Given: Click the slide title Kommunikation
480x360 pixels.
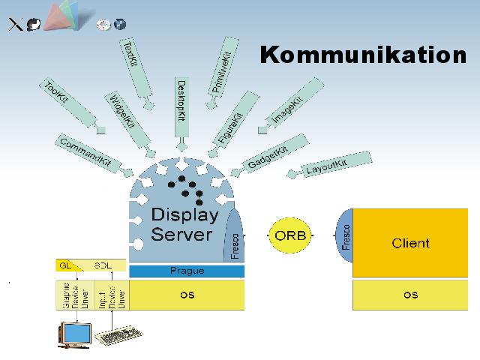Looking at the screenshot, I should [x=363, y=55].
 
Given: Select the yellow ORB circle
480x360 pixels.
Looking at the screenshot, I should [x=290, y=234].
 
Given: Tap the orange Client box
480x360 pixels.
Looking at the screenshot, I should [x=411, y=242].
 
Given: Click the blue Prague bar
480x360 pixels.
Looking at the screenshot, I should [x=187, y=271].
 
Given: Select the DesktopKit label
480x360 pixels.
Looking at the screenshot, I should [x=181, y=101].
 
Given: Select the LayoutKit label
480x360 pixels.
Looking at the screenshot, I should [x=327, y=166].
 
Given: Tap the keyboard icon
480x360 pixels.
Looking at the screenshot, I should [x=120, y=337].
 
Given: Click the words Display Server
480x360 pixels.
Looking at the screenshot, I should [x=184, y=223].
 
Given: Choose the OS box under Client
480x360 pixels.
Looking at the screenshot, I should [x=411, y=295].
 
